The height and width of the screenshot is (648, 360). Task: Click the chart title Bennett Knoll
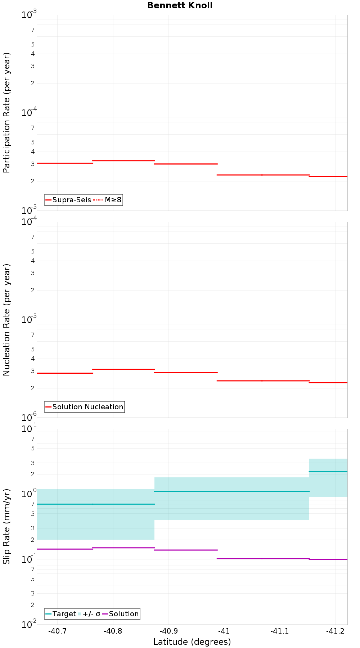180,5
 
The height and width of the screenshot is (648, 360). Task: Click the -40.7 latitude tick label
58,631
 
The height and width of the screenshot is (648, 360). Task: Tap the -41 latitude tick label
224,631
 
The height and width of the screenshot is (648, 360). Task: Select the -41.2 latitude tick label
335,631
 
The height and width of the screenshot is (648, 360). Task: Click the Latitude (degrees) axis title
192,642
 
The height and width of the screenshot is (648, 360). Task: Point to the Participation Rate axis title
6,113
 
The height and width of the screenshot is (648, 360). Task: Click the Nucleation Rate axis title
6,320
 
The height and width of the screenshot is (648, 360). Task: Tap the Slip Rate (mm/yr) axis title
6,526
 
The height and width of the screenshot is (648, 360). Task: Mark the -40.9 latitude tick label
168,631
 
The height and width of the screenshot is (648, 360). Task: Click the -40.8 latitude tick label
113,631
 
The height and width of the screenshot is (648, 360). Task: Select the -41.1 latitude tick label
280,631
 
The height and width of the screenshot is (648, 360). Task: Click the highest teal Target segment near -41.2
328,472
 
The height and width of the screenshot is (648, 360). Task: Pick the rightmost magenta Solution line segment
328,559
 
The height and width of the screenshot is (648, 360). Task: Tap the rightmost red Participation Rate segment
328,176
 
